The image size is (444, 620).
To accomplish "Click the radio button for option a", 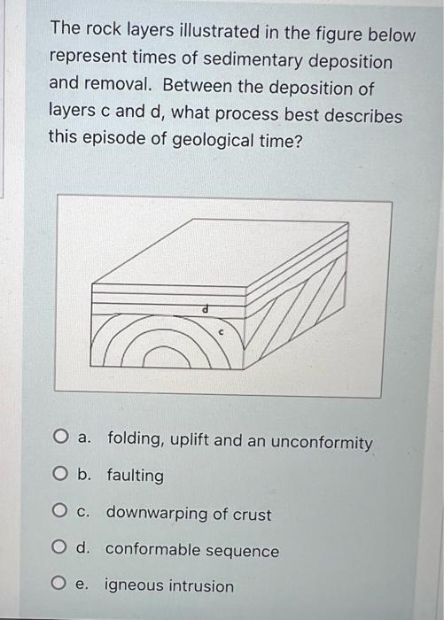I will point(60,438).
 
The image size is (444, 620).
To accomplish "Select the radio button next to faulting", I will point(60,476).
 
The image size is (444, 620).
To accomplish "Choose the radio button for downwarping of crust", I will point(60,513).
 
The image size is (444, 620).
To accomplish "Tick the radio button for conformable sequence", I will point(60,549).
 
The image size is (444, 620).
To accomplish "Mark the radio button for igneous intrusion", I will point(60,585).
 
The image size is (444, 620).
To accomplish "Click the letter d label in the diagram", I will point(205,310).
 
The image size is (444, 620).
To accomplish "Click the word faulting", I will point(135,477).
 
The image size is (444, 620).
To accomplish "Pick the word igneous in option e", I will point(134,586).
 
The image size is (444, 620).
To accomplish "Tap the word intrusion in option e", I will point(201,586).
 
